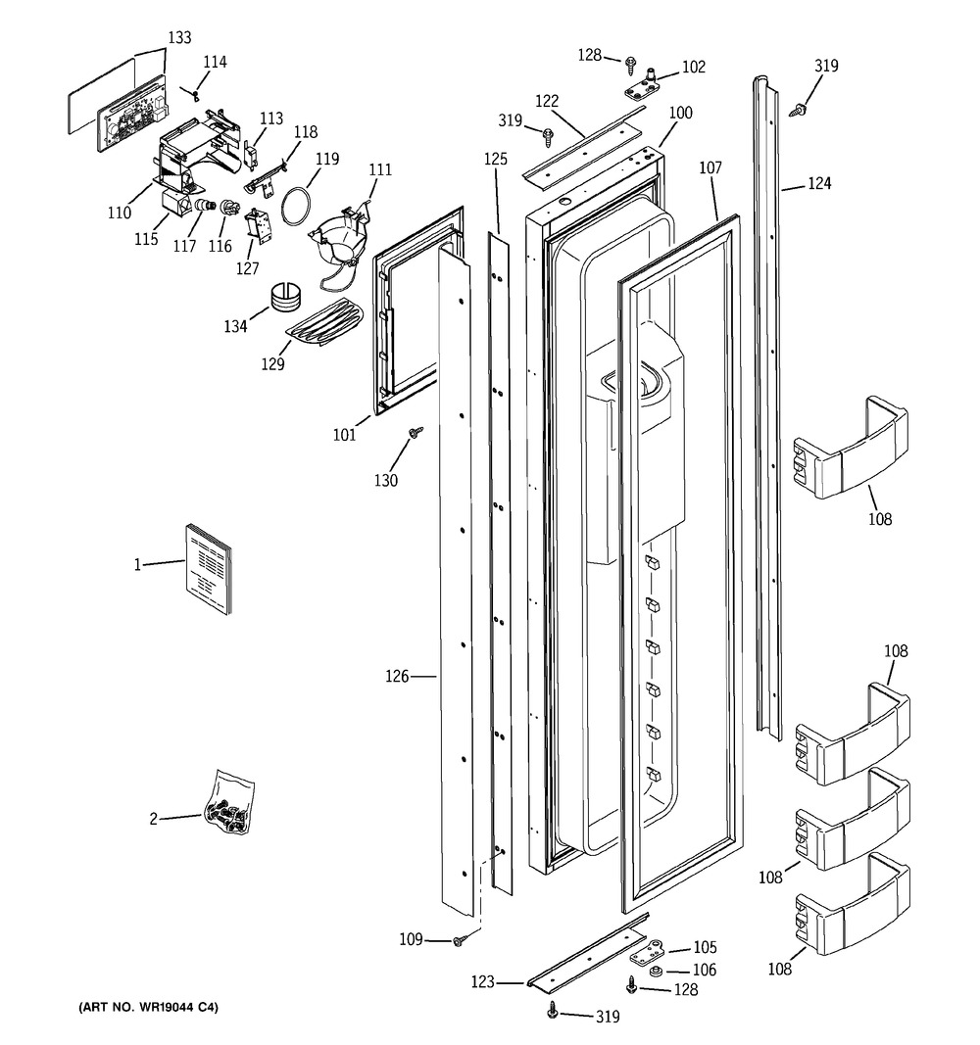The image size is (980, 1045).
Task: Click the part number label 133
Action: (x=178, y=38)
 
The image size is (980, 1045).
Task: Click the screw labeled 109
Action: (x=459, y=940)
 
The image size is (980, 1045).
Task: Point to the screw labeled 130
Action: (x=416, y=431)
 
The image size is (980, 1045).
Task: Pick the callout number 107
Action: (x=710, y=168)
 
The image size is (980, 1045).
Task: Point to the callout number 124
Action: (x=820, y=183)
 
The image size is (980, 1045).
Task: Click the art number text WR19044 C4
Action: (x=142, y=1007)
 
